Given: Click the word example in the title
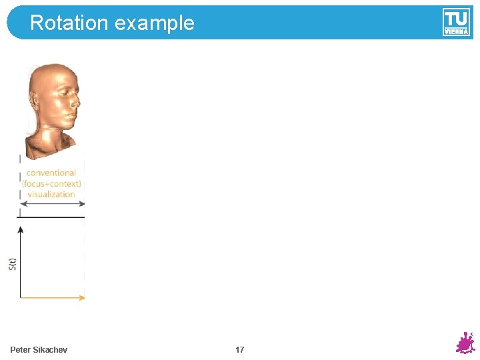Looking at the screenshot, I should pyautogui.click(x=154, y=24).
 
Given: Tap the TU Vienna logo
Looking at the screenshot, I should pyautogui.click(x=456, y=22).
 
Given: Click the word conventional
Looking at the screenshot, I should pyautogui.click(x=51, y=173).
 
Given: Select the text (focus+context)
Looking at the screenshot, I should pyautogui.click(x=51, y=183).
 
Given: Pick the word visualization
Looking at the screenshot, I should pyautogui.click(x=51, y=194).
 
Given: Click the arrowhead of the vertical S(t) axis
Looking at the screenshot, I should pyautogui.click(x=21, y=229).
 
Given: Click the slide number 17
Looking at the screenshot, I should pyautogui.click(x=239, y=350).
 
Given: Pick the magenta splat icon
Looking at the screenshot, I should pyautogui.click(x=465, y=343).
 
